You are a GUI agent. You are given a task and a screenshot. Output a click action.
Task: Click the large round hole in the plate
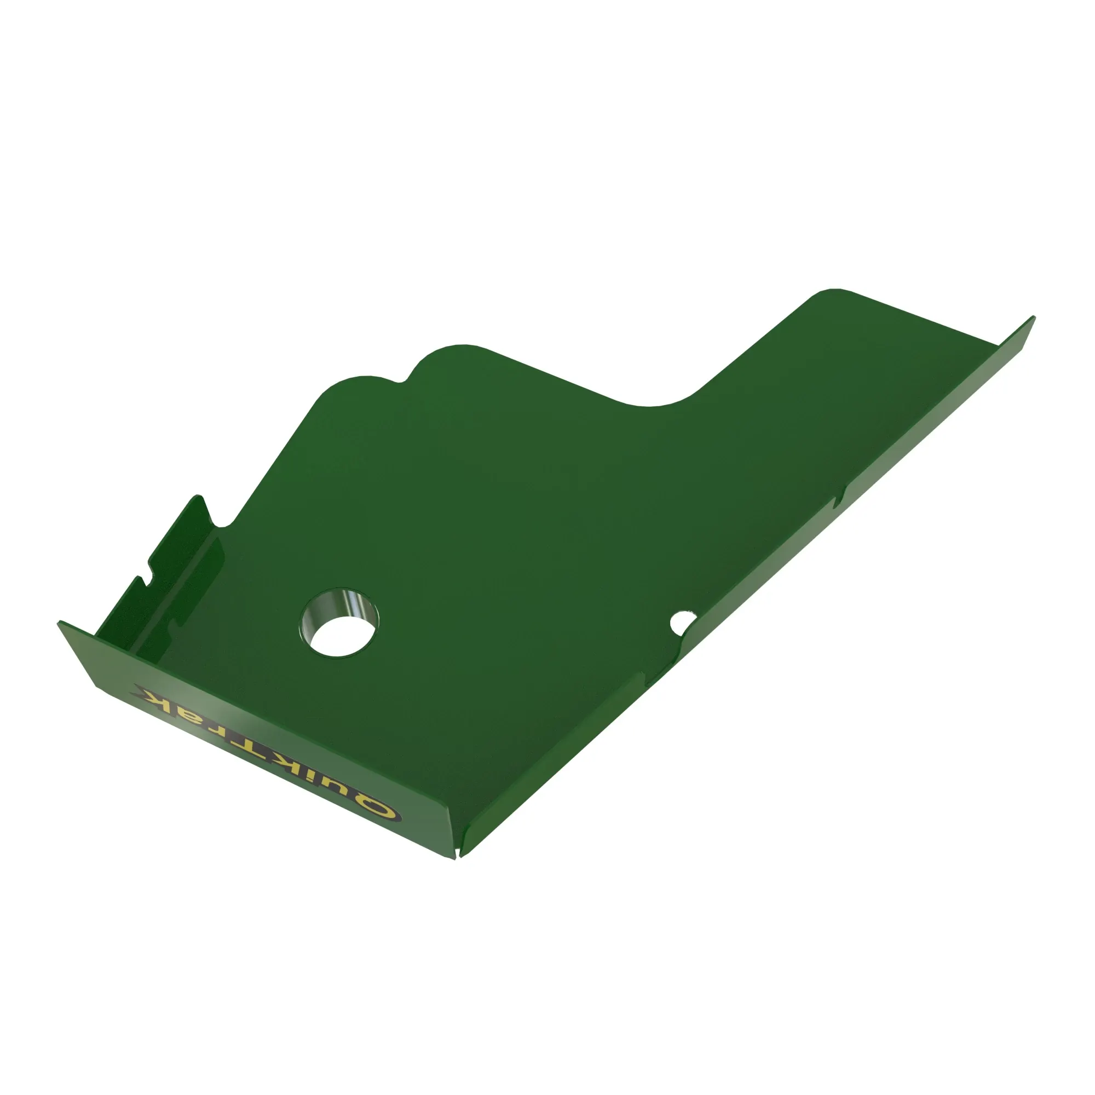(338, 623)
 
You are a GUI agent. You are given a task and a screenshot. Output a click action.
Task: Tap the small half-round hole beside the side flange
(681, 623)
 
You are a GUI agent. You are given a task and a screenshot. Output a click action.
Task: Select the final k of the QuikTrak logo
(154, 696)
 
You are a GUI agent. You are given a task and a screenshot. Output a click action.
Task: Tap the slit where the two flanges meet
(457, 855)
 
